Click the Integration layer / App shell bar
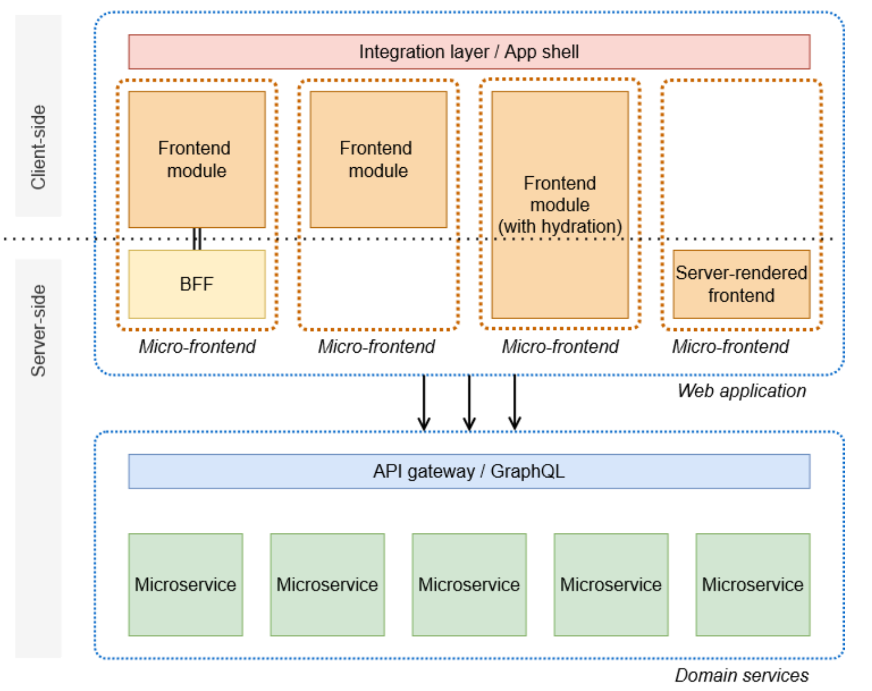(x=469, y=51)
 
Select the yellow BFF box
(x=197, y=284)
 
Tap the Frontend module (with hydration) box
(x=560, y=204)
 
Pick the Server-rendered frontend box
(x=741, y=284)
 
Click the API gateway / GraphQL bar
(x=469, y=471)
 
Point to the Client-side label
(x=38, y=147)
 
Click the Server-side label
(x=38, y=331)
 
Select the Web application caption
(x=741, y=391)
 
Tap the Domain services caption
(x=741, y=675)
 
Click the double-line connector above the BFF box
(x=197, y=239)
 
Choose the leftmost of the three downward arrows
(x=424, y=403)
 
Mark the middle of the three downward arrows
(x=469, y=403)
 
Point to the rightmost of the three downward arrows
(x=515, y=403)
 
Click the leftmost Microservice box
(x=185, y=584)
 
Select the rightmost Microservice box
(x=753, y=584)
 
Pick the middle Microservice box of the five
(x=469, y=584)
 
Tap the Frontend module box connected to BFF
(x=197, y=159)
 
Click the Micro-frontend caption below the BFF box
(x=197, y=346)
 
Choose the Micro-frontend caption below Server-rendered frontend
(x=730, y=346)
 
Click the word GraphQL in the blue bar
(x=527, y=471)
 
